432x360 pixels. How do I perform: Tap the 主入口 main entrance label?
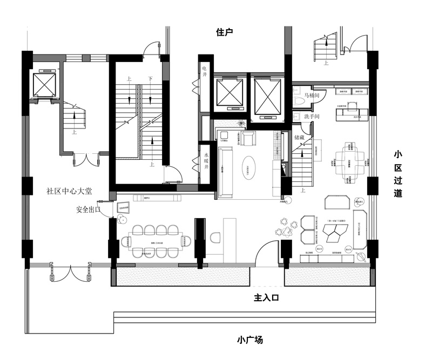(266, 297)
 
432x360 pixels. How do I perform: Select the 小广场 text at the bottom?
(250, 340)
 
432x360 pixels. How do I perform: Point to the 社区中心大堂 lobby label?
(70, 191)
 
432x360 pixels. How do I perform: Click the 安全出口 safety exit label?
(89, 209)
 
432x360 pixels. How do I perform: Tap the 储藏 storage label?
(301, 138)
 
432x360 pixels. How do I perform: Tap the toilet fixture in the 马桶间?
(298, 101)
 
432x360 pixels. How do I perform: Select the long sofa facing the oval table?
(224, 167)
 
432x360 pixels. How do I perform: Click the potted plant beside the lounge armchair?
(241, 125)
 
